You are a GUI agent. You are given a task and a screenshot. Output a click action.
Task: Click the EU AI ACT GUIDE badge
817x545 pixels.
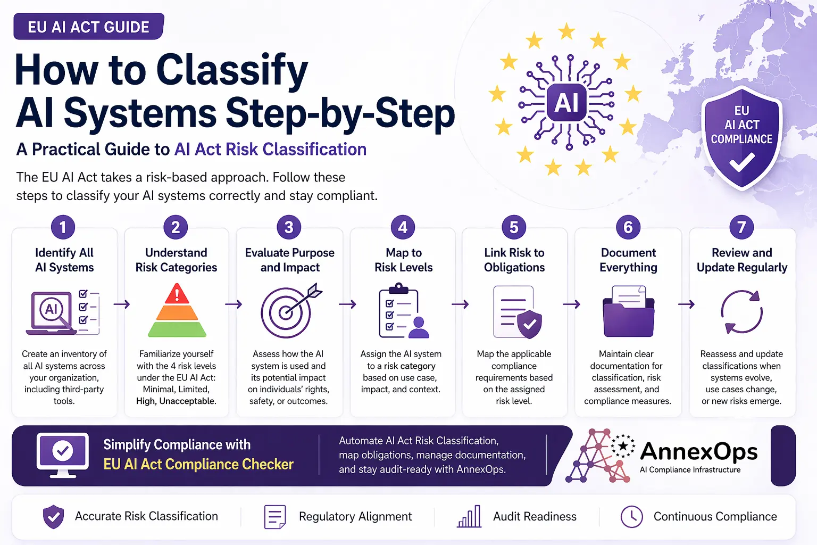coord(88,27)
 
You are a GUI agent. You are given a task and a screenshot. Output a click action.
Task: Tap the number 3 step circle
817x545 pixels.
coord(289,227)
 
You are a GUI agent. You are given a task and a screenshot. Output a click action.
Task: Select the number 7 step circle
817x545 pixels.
coord(741,227)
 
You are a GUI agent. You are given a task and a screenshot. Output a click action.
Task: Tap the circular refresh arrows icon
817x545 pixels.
coord(741,312)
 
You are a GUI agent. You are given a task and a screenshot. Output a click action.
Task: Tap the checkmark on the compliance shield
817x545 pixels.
coord(742,162)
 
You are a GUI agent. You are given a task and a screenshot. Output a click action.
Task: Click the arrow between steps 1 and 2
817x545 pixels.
coord(122,304)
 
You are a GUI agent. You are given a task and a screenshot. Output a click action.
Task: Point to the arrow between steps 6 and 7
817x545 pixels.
coord(686,304)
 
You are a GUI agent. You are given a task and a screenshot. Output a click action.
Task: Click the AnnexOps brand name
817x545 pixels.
coord(699,451)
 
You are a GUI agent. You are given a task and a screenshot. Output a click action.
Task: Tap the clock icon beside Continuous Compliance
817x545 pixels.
coord(632,516)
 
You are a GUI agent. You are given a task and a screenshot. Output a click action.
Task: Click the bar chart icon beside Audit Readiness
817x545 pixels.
coord(469,516)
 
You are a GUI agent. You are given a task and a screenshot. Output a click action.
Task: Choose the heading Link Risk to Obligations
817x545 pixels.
coord(514,260)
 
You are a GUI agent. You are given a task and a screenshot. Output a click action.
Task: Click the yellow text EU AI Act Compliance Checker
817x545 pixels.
coord(198,464)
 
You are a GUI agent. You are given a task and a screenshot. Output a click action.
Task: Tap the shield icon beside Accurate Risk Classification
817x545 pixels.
coord(53,517)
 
